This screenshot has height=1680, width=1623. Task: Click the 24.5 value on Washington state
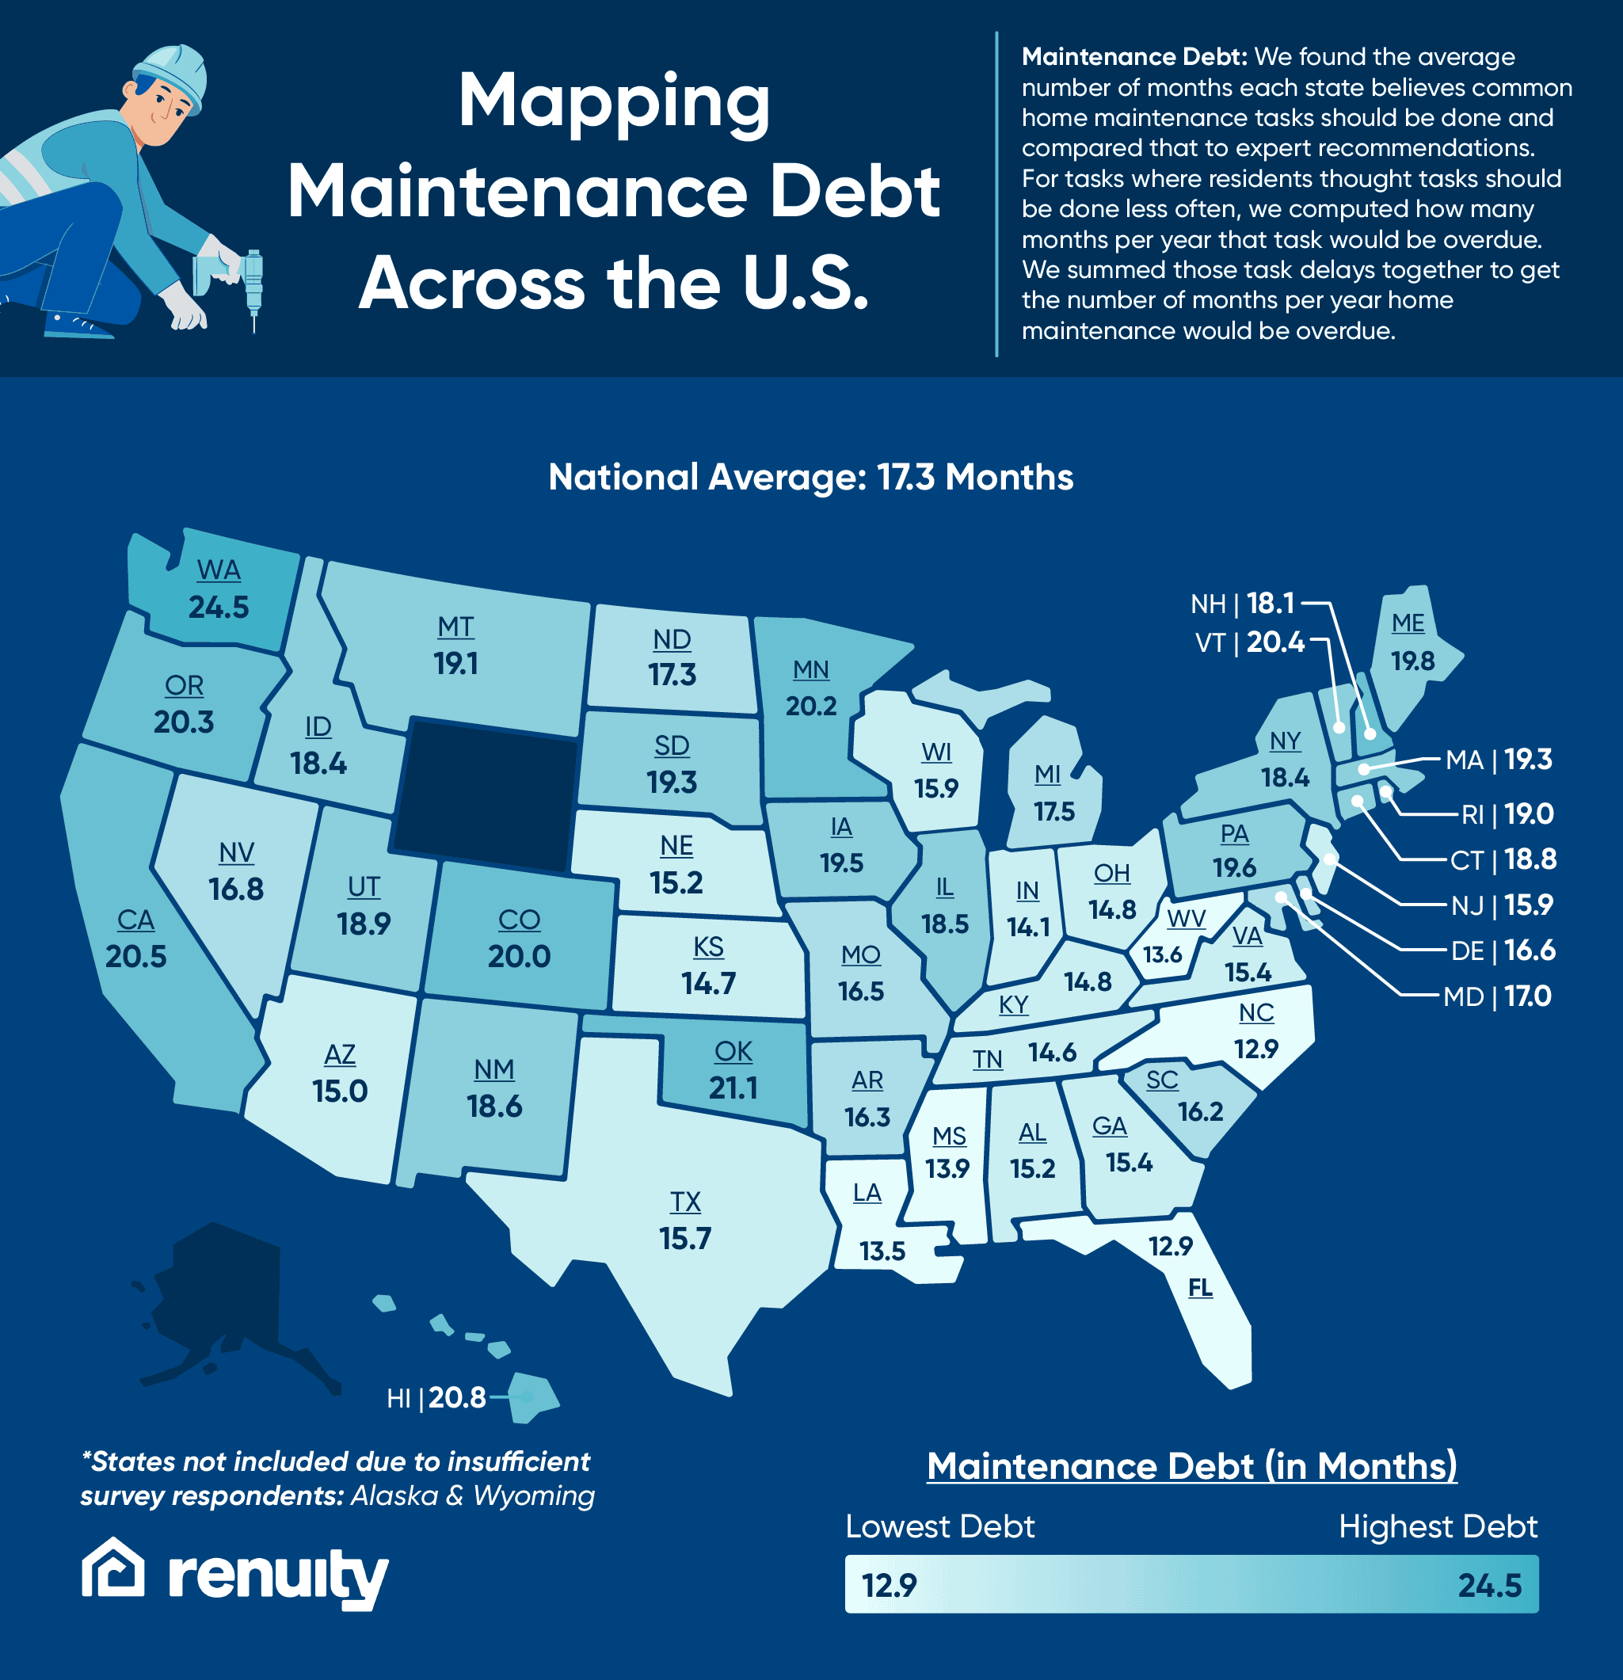[219, 607]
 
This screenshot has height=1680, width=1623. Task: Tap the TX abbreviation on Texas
[685, 1202]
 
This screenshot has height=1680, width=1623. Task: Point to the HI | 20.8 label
[436, 1398]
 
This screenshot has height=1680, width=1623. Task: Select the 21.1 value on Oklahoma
[733, 1088]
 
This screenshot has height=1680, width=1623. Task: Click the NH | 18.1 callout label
[1241, 604]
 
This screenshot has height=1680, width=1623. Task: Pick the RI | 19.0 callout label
[1507, 813]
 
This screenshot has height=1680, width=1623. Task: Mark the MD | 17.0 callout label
[1497, 996]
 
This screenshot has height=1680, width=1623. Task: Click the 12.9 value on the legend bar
[889, 1585]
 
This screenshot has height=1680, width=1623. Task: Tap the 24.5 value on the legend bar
[1489, 1585]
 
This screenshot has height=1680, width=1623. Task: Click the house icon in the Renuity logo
[113, 1568]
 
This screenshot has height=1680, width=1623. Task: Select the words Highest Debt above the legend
[1438, 1526]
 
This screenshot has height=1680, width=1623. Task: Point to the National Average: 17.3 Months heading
[810, 478]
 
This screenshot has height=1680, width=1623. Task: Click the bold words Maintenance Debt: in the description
[1133, 56]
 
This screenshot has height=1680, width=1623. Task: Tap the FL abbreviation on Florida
[1200, 1287]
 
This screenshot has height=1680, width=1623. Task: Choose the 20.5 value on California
[135, 956]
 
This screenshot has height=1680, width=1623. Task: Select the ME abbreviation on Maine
[1408, 623]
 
